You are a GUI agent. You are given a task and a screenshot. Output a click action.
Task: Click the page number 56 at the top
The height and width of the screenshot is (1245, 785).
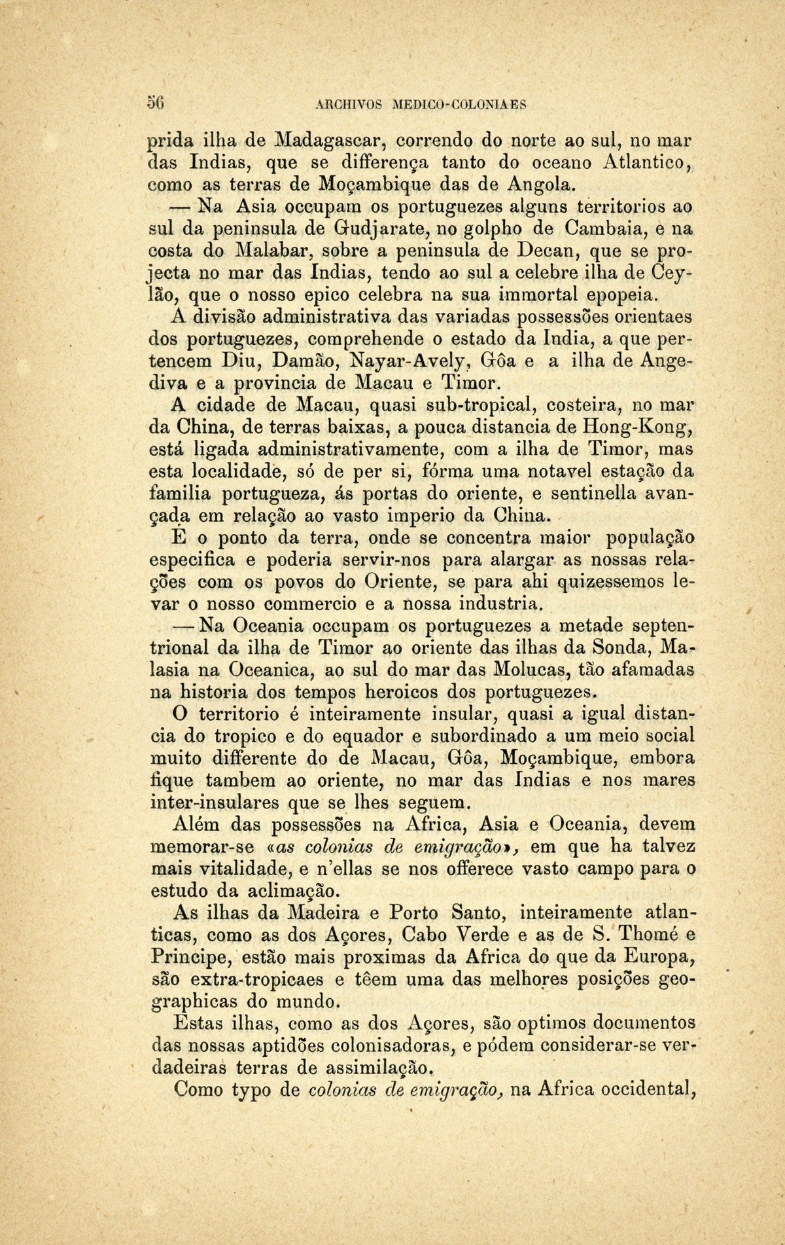(155, 103)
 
